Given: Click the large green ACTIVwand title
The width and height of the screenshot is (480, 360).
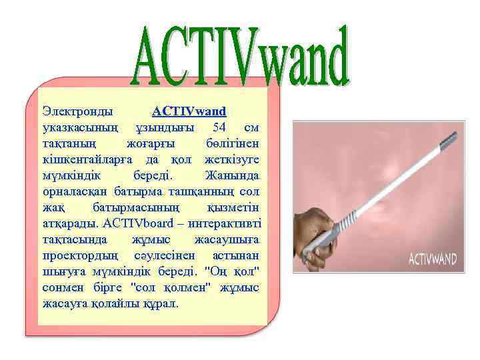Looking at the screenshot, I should (241, 57).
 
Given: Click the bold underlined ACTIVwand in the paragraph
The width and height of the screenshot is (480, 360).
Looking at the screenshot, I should (189, 110).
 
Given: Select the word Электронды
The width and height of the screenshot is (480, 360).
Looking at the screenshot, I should (77, 110).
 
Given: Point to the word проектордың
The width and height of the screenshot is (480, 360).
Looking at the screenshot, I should (81, 255).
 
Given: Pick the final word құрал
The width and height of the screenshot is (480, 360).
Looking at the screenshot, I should (163, 304).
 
